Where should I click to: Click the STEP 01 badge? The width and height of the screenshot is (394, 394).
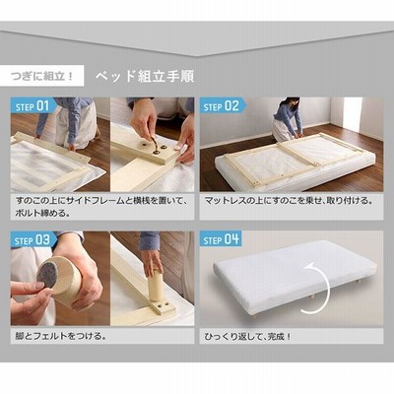click(33, 106)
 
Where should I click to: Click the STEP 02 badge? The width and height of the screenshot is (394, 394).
click(221, 106)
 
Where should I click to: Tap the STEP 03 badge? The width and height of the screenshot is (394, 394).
click(33, 240)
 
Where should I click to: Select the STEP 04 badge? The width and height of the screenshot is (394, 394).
click(221, 239)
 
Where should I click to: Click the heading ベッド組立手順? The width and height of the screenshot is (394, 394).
click(145, 76)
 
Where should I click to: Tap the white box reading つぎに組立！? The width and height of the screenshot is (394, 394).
click(42, 76)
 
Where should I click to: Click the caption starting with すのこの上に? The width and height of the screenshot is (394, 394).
click(101, 207)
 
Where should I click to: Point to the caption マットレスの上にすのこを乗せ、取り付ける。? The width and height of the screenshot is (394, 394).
click(289, 201)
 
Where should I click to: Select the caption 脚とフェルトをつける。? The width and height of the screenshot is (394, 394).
click(60, 336)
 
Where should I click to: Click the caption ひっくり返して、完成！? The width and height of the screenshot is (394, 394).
click(247, 337)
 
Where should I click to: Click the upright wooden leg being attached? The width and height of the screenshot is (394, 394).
click(156, 284)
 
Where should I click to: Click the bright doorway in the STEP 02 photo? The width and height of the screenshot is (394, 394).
click(353, 114)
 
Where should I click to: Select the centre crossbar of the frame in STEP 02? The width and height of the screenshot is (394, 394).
click(296, 154)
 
